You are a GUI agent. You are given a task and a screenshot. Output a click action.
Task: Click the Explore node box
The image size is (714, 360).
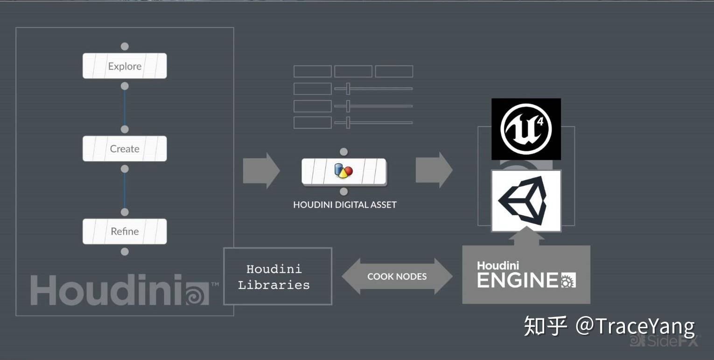pyautogui.click(x=125, y=66)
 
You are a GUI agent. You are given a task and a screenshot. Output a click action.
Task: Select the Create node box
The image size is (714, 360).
pyautogui.click(x=125, y=148)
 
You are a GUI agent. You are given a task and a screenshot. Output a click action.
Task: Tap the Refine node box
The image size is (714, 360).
pyautogui.click(x=125, y=231)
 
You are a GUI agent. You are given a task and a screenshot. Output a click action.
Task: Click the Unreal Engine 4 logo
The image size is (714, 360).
pyautogui.click(x=526, y=129)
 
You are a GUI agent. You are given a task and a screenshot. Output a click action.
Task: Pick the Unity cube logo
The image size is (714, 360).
pyautogui.click(x=526, y=201)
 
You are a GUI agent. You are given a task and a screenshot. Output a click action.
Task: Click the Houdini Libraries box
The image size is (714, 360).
pyautogui.click(x=278, y=276)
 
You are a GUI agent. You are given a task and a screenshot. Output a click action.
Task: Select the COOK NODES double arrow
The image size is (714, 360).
pyautogui.click(x=397, y=276)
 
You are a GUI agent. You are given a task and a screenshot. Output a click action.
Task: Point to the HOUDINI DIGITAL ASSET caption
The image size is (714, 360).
pyautogui.click(x=344, y=205)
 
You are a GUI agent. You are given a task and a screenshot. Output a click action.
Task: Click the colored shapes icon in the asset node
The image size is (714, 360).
pyautogui.click(x=343, y=171)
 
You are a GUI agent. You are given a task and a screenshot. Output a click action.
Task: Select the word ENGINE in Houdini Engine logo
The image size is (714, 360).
pyautogui.click(x=517, y=280)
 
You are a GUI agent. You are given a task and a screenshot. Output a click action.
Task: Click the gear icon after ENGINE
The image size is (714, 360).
pyautogui.click(x=568, y=280)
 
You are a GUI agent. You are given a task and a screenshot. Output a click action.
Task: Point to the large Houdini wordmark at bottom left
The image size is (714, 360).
pyautogui.click(x=107, y=290)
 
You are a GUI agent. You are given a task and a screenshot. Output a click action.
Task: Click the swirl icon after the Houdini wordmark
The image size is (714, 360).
pyautogui.click(x=197, y=294)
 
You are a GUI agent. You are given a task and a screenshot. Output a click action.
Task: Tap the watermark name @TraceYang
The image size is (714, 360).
pyautogui.click(x=636, y=325)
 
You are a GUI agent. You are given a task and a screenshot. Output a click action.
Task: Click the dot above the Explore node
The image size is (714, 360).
pyautogui.click(x=125, y=46)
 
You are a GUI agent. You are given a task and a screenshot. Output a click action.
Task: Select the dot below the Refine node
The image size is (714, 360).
pyautogui.click(x=125, y=252)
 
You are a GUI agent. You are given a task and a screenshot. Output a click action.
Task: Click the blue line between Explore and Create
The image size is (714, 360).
pyautogui.click(x=125, y=107)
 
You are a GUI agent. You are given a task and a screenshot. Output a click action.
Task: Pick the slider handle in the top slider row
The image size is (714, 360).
pyautogui.click(x=348, y=88)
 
